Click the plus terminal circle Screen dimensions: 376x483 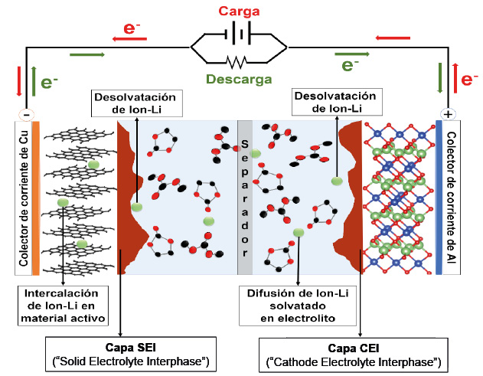tap(447, 114)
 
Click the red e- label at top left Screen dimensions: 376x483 tap(132, 28)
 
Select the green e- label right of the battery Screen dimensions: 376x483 tap(351, 66)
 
